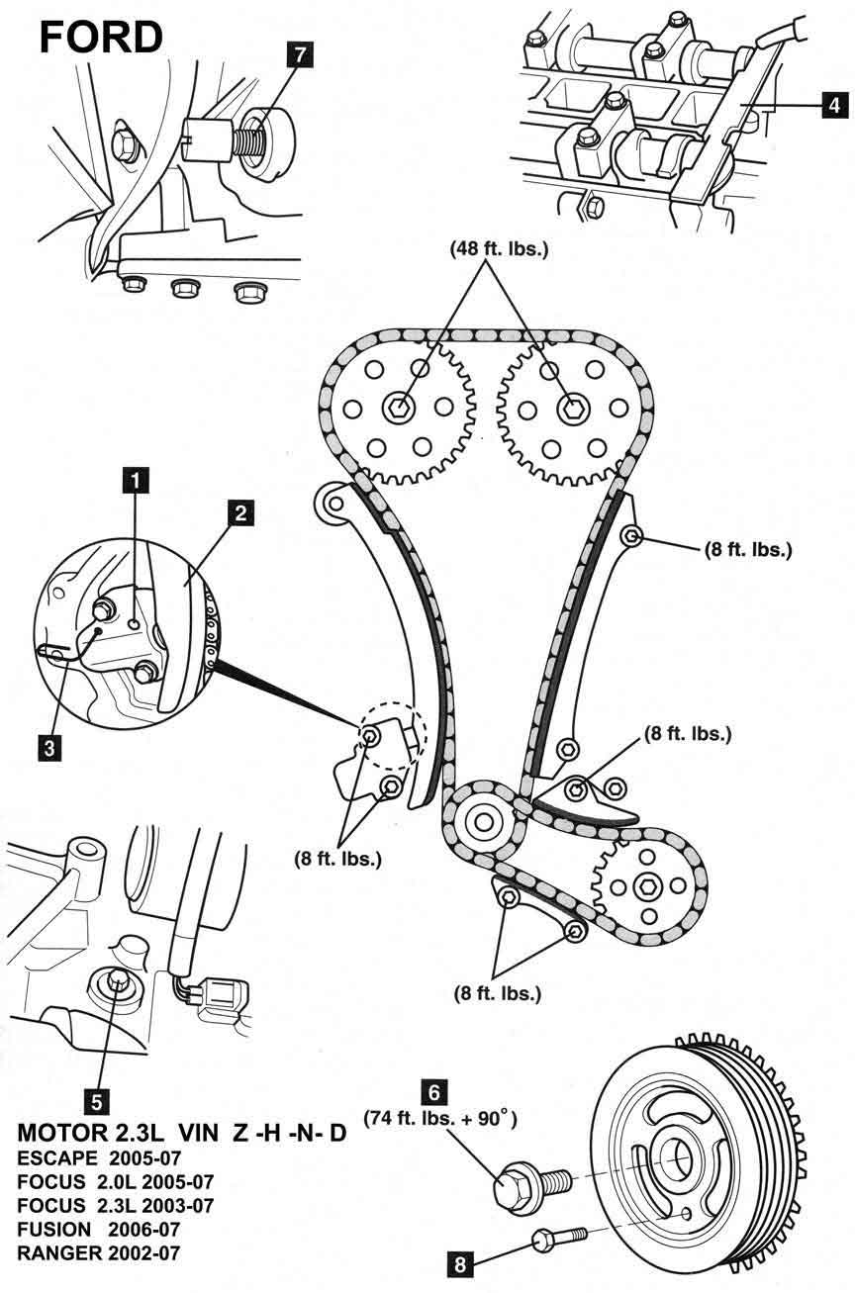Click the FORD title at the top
pos(101,37)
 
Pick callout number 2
pos(240,512)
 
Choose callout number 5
pos(96,1099)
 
